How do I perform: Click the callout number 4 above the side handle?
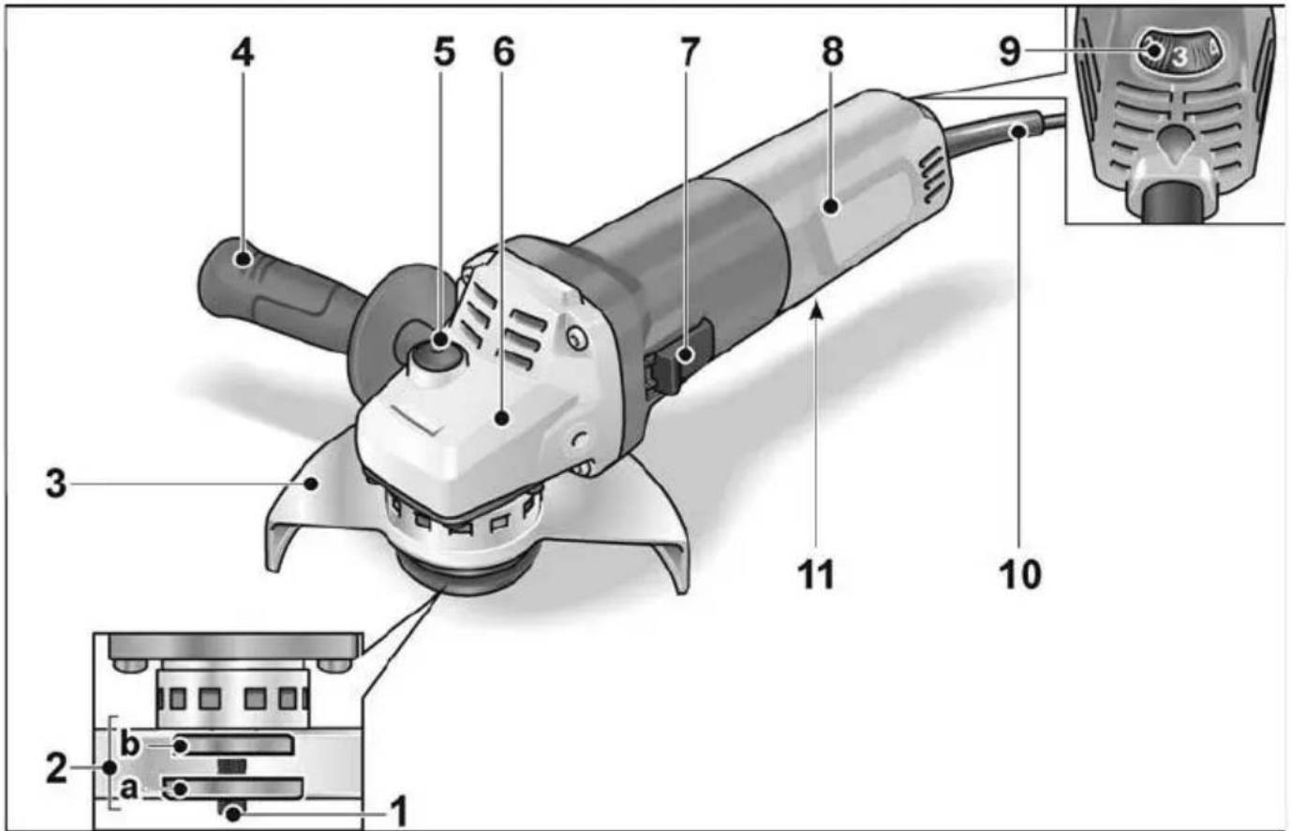click(x=243, y=53)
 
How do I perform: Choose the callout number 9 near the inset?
click(x=1010, y=53)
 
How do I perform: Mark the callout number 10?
click(x=1020, y=574)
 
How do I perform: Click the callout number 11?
click(x=816, y=574)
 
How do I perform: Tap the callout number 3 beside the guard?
click(x=56, y=484)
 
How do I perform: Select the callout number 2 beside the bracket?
click(x=56, y=767)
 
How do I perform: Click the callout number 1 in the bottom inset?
click(x=399, y=812)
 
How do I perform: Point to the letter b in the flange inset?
click(x=129, y=744)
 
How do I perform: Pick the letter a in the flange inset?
click(x=128, y=790)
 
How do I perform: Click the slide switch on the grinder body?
click(x=680, y=359)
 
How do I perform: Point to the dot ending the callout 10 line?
click(x=1019, y=132)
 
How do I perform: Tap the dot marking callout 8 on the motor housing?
click(x=830, y=206)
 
